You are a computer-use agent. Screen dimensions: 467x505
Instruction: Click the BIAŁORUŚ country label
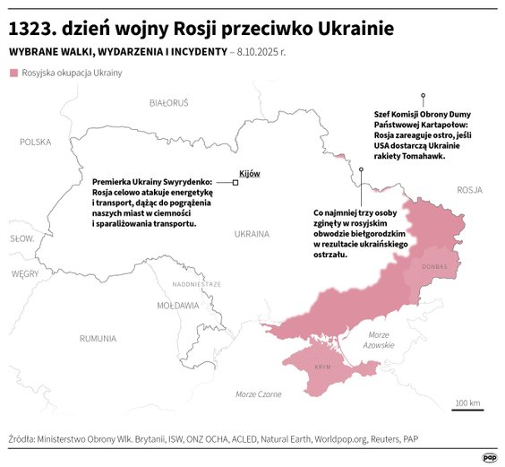click(169, 103)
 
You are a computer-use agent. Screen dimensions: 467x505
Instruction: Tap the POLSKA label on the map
click(36, 142)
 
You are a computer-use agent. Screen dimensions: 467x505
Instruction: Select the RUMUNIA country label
click(97, 339)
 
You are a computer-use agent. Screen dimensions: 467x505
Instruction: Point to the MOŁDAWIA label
click(178, 306)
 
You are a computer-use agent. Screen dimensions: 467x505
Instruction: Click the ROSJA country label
click(469, 190)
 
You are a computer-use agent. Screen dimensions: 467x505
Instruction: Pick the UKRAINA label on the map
click(251, 234)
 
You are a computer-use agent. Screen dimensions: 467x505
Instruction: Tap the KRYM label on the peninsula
click(323, 368)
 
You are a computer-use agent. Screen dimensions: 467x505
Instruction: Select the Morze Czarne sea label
click(258, 394)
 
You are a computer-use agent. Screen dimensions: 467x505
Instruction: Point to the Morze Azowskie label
click(379, 340)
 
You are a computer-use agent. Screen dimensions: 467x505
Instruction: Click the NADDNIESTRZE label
click(196, 284)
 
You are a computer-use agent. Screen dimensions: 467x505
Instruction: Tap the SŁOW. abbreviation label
click(21, 238)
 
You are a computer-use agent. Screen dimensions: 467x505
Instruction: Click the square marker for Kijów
click(235, 183)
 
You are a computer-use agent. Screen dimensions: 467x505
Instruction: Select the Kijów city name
click(250, 173)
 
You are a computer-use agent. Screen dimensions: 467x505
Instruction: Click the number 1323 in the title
click(33, 27)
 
